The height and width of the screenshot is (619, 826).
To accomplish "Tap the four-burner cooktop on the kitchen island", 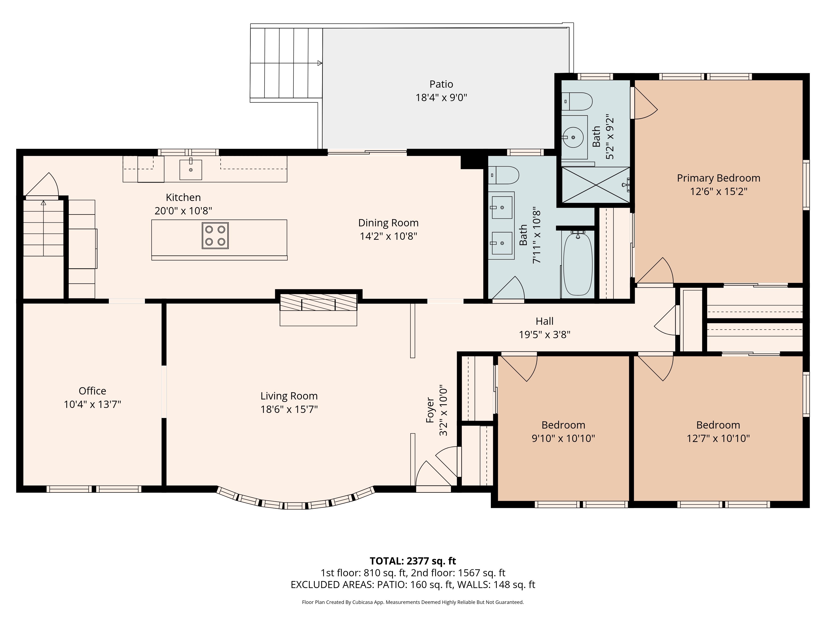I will point(215,235).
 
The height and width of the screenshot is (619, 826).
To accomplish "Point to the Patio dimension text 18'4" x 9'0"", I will point(441,98).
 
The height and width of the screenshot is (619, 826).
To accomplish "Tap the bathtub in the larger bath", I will point(577,263).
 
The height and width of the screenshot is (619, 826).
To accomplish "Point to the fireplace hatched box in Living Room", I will point(318,302).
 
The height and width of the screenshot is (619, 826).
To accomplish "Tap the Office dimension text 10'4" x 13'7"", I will point(92,404).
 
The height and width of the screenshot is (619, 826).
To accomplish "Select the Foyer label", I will point(430,410).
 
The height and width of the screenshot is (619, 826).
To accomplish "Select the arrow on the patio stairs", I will point(319,63).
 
